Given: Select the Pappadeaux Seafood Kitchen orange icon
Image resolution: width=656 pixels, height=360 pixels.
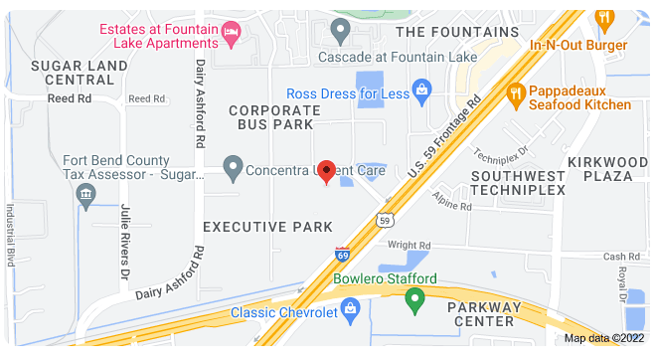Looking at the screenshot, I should pos(515,95).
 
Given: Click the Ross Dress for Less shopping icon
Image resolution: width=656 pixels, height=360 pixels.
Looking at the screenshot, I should pos(421,92).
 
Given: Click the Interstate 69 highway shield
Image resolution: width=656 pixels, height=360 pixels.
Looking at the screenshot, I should pos(343,256).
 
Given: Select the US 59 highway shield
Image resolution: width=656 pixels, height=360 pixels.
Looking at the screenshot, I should pos(384,219).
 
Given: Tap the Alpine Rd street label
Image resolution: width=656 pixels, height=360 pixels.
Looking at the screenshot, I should pos(451,207).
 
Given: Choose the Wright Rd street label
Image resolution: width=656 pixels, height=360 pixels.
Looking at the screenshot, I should pos(409,245).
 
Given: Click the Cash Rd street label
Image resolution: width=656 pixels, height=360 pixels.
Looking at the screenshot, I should pos(621,257).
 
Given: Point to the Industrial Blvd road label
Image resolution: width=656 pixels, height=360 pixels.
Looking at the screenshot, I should pos(10,234).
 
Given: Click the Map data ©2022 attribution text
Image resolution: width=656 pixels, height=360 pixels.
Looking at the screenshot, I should pos(604,338).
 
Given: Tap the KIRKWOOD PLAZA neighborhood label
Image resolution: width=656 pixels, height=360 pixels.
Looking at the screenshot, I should pos(600,168).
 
